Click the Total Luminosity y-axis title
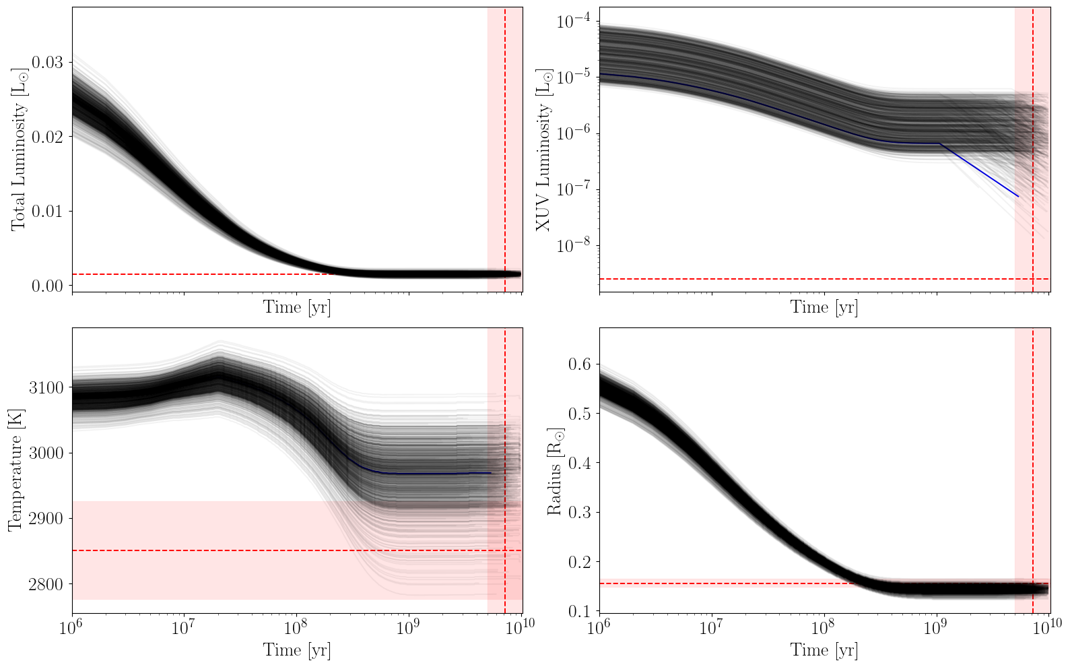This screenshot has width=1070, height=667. tap(19, 149)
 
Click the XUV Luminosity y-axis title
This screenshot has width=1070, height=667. tap(543, 150)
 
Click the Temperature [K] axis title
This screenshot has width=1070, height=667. tap(15, 470)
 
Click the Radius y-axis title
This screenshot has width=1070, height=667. tap(555, 470)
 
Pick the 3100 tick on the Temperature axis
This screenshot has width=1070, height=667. tap(46, 387)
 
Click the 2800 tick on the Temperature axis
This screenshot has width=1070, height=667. tap(46, 584)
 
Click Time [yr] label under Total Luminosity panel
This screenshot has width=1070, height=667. tap(296, 307)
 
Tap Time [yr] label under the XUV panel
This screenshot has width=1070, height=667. tap(824, 307)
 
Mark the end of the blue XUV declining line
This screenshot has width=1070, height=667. tap(1018, 197)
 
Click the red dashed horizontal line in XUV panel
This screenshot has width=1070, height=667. tap(808, 279)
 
